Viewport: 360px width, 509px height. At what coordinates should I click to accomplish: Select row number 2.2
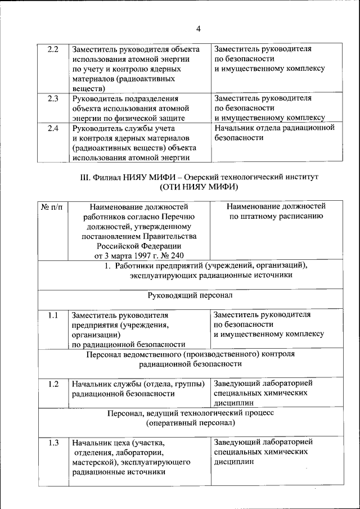(x=53, y=49)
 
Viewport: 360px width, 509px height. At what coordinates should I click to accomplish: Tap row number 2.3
(x=53, y=98)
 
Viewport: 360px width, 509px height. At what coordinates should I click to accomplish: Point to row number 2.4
(x=53, y=129)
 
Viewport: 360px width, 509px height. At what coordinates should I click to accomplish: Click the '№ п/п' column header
(x=52, y=206)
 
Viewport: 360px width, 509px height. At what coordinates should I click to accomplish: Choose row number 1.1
(x=53, y=316)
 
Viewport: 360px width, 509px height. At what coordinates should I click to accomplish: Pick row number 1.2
(x=53, y=384)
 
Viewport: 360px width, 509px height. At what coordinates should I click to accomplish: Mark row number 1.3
(x=53, y=443)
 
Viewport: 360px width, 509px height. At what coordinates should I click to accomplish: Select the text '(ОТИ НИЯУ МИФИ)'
(x=198, y=186)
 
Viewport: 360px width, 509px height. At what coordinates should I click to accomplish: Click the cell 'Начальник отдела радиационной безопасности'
(x=274, y=133)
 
